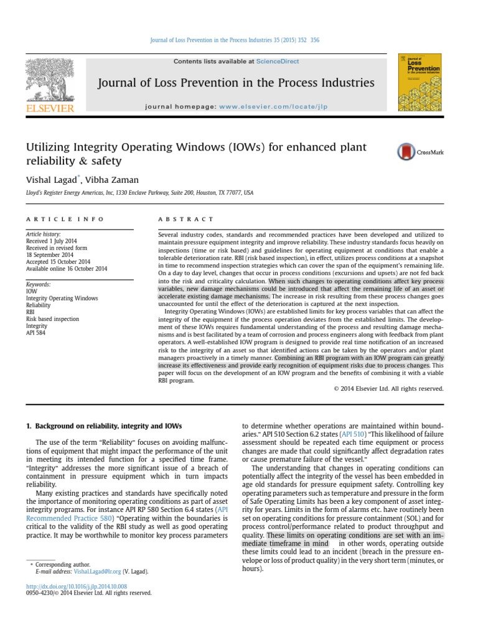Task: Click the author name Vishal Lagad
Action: (51, 179)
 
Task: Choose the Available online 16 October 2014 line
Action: (67, 268)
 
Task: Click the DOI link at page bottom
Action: (84, 586)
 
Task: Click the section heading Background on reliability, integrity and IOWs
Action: (104, 425)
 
